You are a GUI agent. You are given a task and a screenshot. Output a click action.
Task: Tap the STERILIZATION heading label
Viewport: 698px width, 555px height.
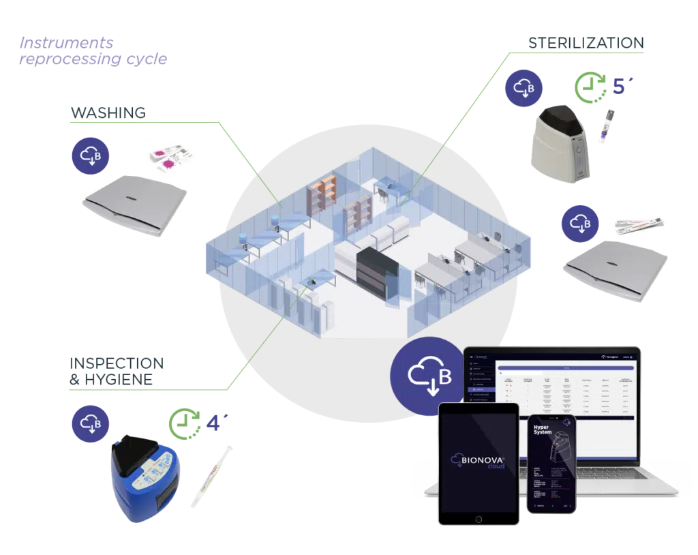click(588, 42)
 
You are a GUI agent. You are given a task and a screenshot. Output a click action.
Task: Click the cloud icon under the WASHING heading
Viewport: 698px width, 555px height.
click(91, 154)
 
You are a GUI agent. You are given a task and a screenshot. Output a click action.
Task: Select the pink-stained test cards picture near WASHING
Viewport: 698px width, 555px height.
click(171, 158)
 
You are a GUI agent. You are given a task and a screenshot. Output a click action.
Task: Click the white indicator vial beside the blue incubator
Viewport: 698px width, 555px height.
click(211, 470)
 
